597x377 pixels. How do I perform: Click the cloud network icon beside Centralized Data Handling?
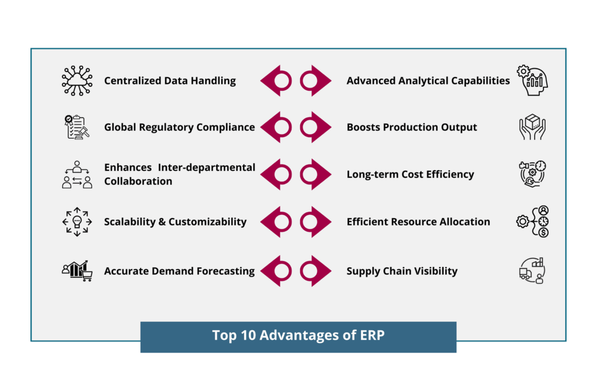pyautogui.click(x=77, y=81)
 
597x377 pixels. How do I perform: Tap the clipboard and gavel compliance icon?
pyautogui.click(x=77, y=127)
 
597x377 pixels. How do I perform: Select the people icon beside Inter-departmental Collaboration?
pyautogui.click(x=77, y=174)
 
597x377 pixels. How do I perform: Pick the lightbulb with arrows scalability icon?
pyautogui.click(x=77, y=221)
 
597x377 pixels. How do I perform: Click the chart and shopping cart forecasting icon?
pyautogui.click(x=77, y=270)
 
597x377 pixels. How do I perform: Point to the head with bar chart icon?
pyautogui.click(x=533, y=81)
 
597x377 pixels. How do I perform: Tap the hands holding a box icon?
pyautogui.click(x=532, y=127)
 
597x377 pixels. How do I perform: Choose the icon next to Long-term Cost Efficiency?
pyautogui.click(x=532, y=174)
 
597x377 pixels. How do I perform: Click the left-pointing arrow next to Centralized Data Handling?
pyautogui.click(x=276, y=81)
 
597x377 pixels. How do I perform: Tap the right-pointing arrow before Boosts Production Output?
pyautogui.click(x=315, y=127)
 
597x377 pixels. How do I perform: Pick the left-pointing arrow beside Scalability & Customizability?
pyautogui.click(x=276, y=221)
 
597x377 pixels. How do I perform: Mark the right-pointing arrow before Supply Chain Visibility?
pyautogui.click(x=315, y=270)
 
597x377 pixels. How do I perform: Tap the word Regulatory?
pyautogui.click(x=167, y=128)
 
